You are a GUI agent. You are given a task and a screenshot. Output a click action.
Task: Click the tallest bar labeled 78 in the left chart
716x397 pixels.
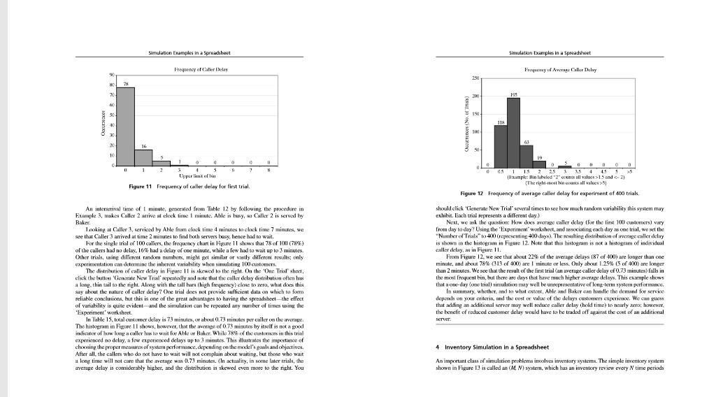(x=125, y=127)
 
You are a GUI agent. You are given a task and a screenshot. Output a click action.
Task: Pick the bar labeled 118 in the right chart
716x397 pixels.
(x=500, y=147)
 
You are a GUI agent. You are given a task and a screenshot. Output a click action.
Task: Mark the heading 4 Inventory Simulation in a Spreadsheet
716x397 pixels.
(x=492, y=347)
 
